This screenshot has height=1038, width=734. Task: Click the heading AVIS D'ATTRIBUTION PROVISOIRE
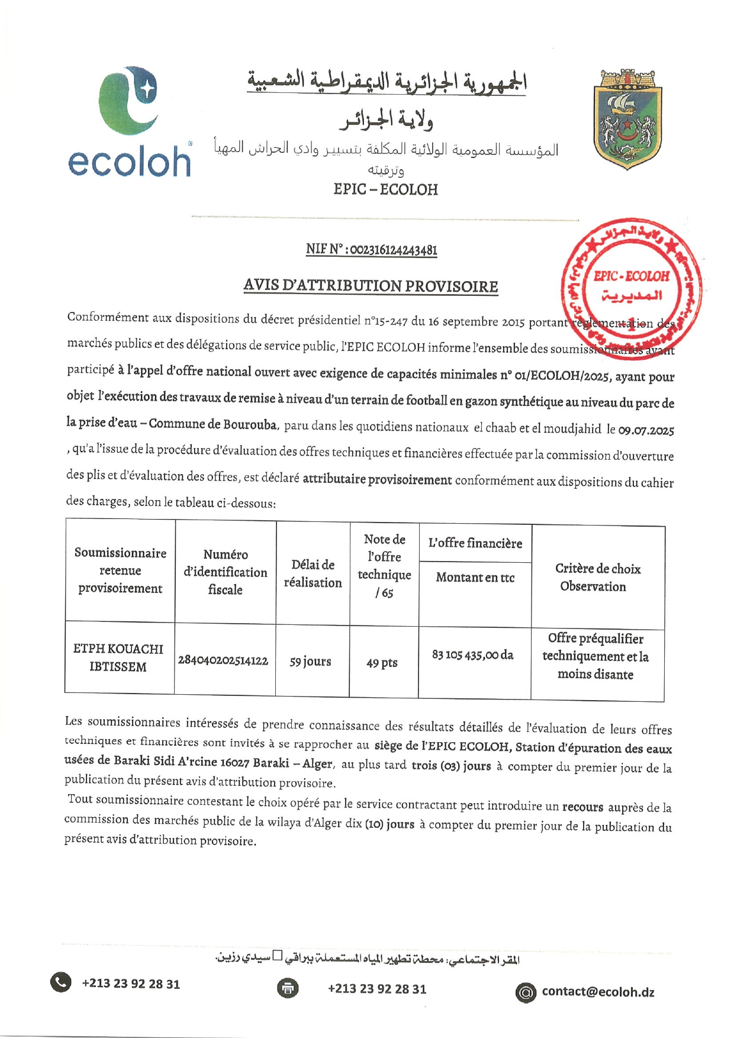(371, 286)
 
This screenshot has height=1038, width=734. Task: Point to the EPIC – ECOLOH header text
(385, 189)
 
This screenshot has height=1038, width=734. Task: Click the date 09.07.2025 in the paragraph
(646, 430)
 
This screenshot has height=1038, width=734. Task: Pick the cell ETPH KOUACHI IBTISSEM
(118, 657)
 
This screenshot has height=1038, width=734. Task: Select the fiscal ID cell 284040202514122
(223, 660)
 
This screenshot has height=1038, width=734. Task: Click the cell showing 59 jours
(310, 661)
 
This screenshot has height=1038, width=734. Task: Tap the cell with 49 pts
(382, 663)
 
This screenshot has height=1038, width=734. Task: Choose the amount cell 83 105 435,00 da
(473, 655)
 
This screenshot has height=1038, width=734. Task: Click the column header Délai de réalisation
(313, 573)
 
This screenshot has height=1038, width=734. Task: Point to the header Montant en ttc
(475, 578)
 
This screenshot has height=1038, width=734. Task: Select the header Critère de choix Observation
(597, 578)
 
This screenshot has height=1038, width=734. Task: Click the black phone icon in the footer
(61, 983)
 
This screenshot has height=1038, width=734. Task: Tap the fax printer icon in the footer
(288, 988)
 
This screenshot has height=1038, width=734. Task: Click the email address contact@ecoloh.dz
(598, 992)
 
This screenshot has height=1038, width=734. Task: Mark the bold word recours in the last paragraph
(582, 807)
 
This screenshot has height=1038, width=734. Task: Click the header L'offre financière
(475, 543)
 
